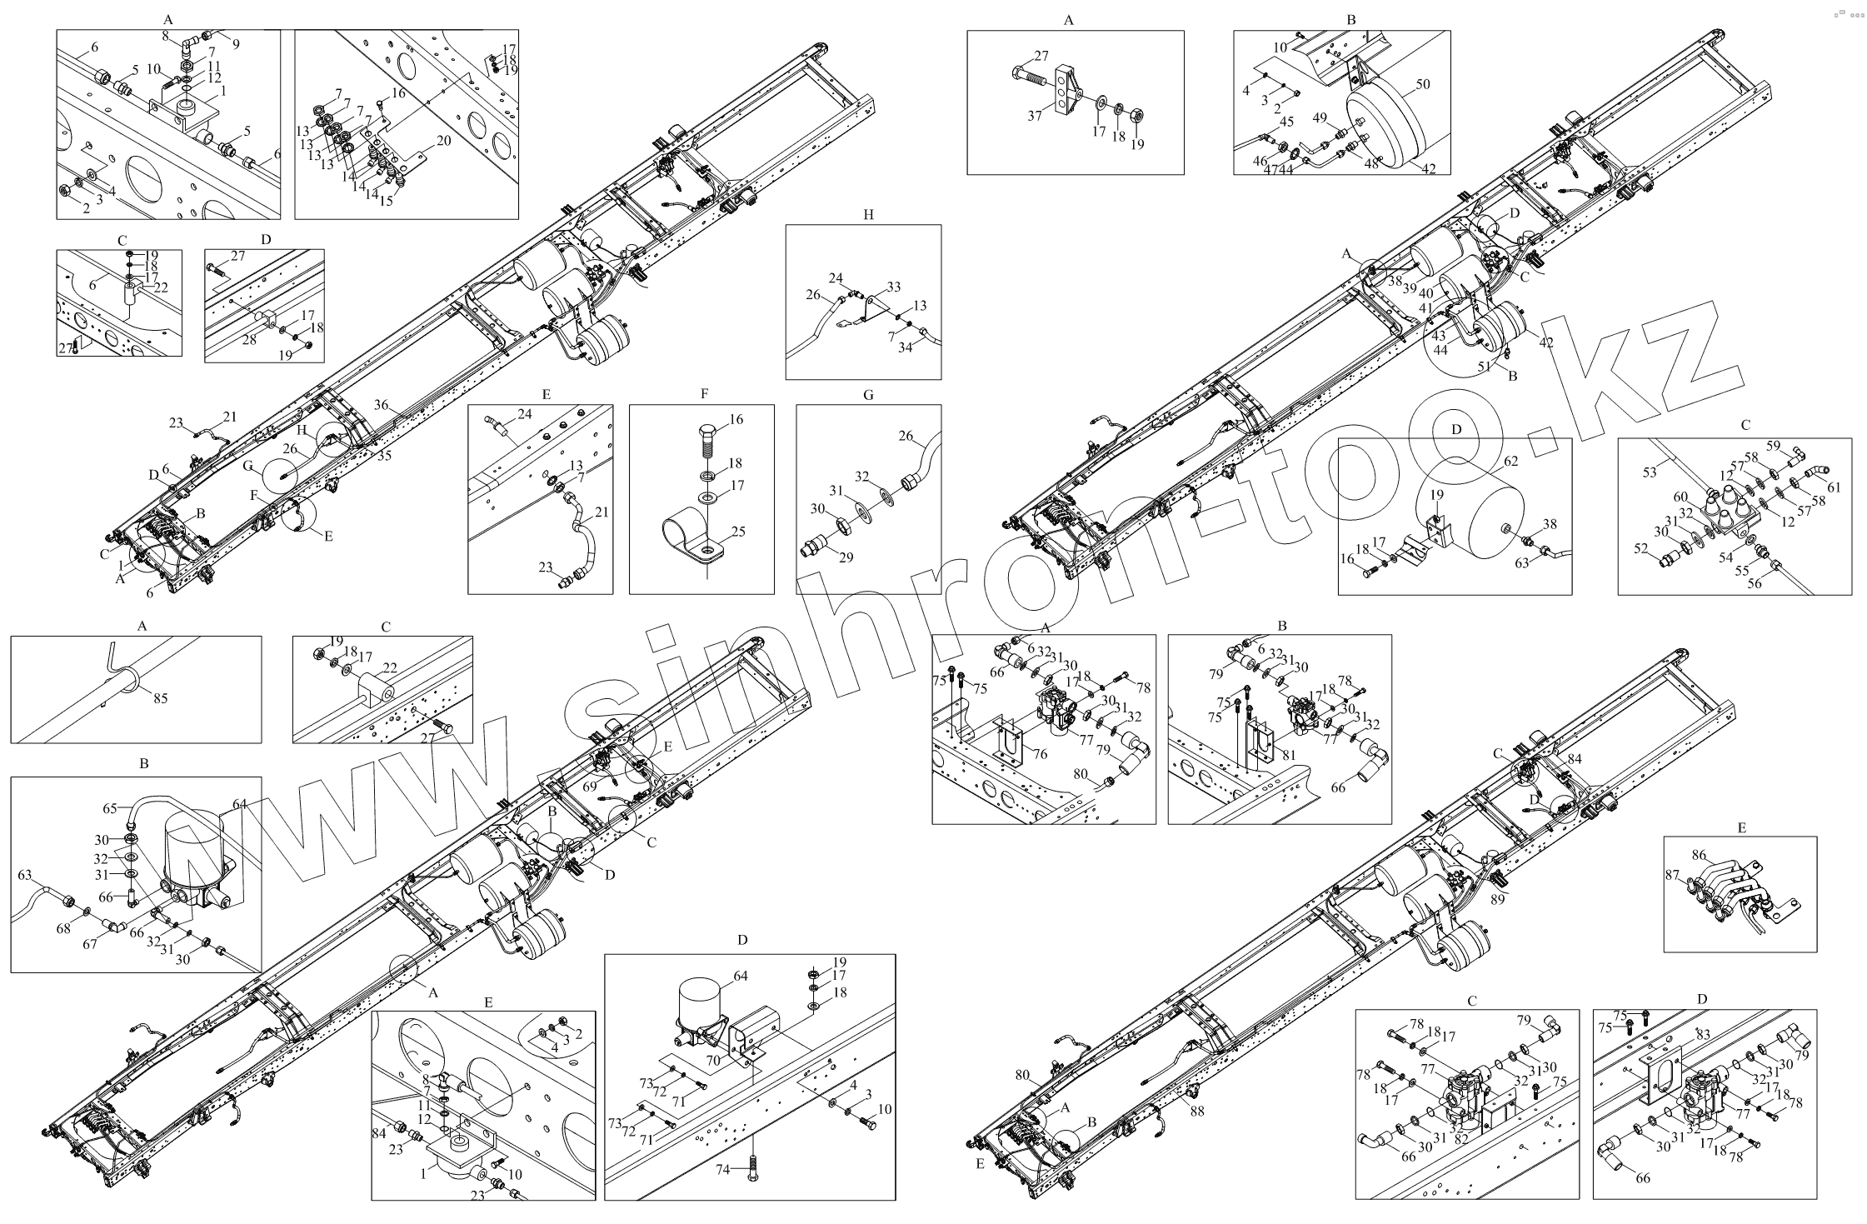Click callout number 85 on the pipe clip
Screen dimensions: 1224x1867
160,698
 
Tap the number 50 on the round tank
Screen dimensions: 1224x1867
1422,85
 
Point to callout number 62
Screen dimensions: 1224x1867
1510,461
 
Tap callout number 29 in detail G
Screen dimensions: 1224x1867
846,557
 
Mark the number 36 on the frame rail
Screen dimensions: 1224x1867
381,405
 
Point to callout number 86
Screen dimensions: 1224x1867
1700,855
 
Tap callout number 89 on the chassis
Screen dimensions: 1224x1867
1497,899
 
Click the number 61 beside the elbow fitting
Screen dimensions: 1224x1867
1834,487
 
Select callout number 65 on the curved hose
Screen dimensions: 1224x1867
110,808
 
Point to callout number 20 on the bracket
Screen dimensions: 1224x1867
443,141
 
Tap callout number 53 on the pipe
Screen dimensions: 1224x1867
1650,473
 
